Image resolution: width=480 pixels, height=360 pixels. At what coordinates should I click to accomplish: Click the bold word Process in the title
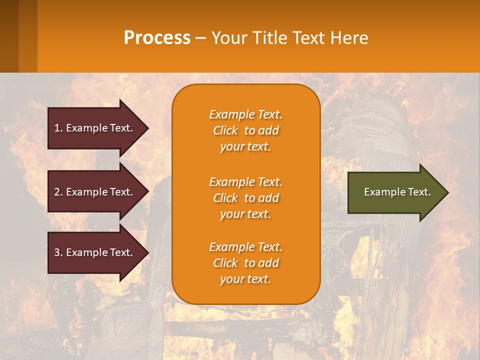[157, 38]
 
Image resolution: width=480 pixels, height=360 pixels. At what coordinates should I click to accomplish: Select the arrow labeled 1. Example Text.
[94, 128]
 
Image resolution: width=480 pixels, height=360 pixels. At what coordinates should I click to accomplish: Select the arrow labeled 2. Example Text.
[94, 192]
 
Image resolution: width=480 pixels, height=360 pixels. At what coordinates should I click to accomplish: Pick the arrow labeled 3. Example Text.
[94, 252]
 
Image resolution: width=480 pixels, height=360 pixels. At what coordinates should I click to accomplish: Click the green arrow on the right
[395, 192]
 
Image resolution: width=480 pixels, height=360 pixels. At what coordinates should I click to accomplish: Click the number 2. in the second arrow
[57, 192]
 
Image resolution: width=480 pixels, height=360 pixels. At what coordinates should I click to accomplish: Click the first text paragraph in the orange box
[245, 130]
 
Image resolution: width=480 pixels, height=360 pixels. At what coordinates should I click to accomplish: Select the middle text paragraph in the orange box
[245, 198]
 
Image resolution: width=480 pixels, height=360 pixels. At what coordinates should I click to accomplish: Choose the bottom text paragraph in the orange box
[245, 263]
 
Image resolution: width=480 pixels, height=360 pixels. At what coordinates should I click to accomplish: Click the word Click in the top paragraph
[225, 130]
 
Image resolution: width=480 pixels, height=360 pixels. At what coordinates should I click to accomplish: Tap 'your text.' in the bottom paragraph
[245, 279]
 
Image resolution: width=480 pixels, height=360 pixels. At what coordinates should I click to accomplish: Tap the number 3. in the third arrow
[57, 252]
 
